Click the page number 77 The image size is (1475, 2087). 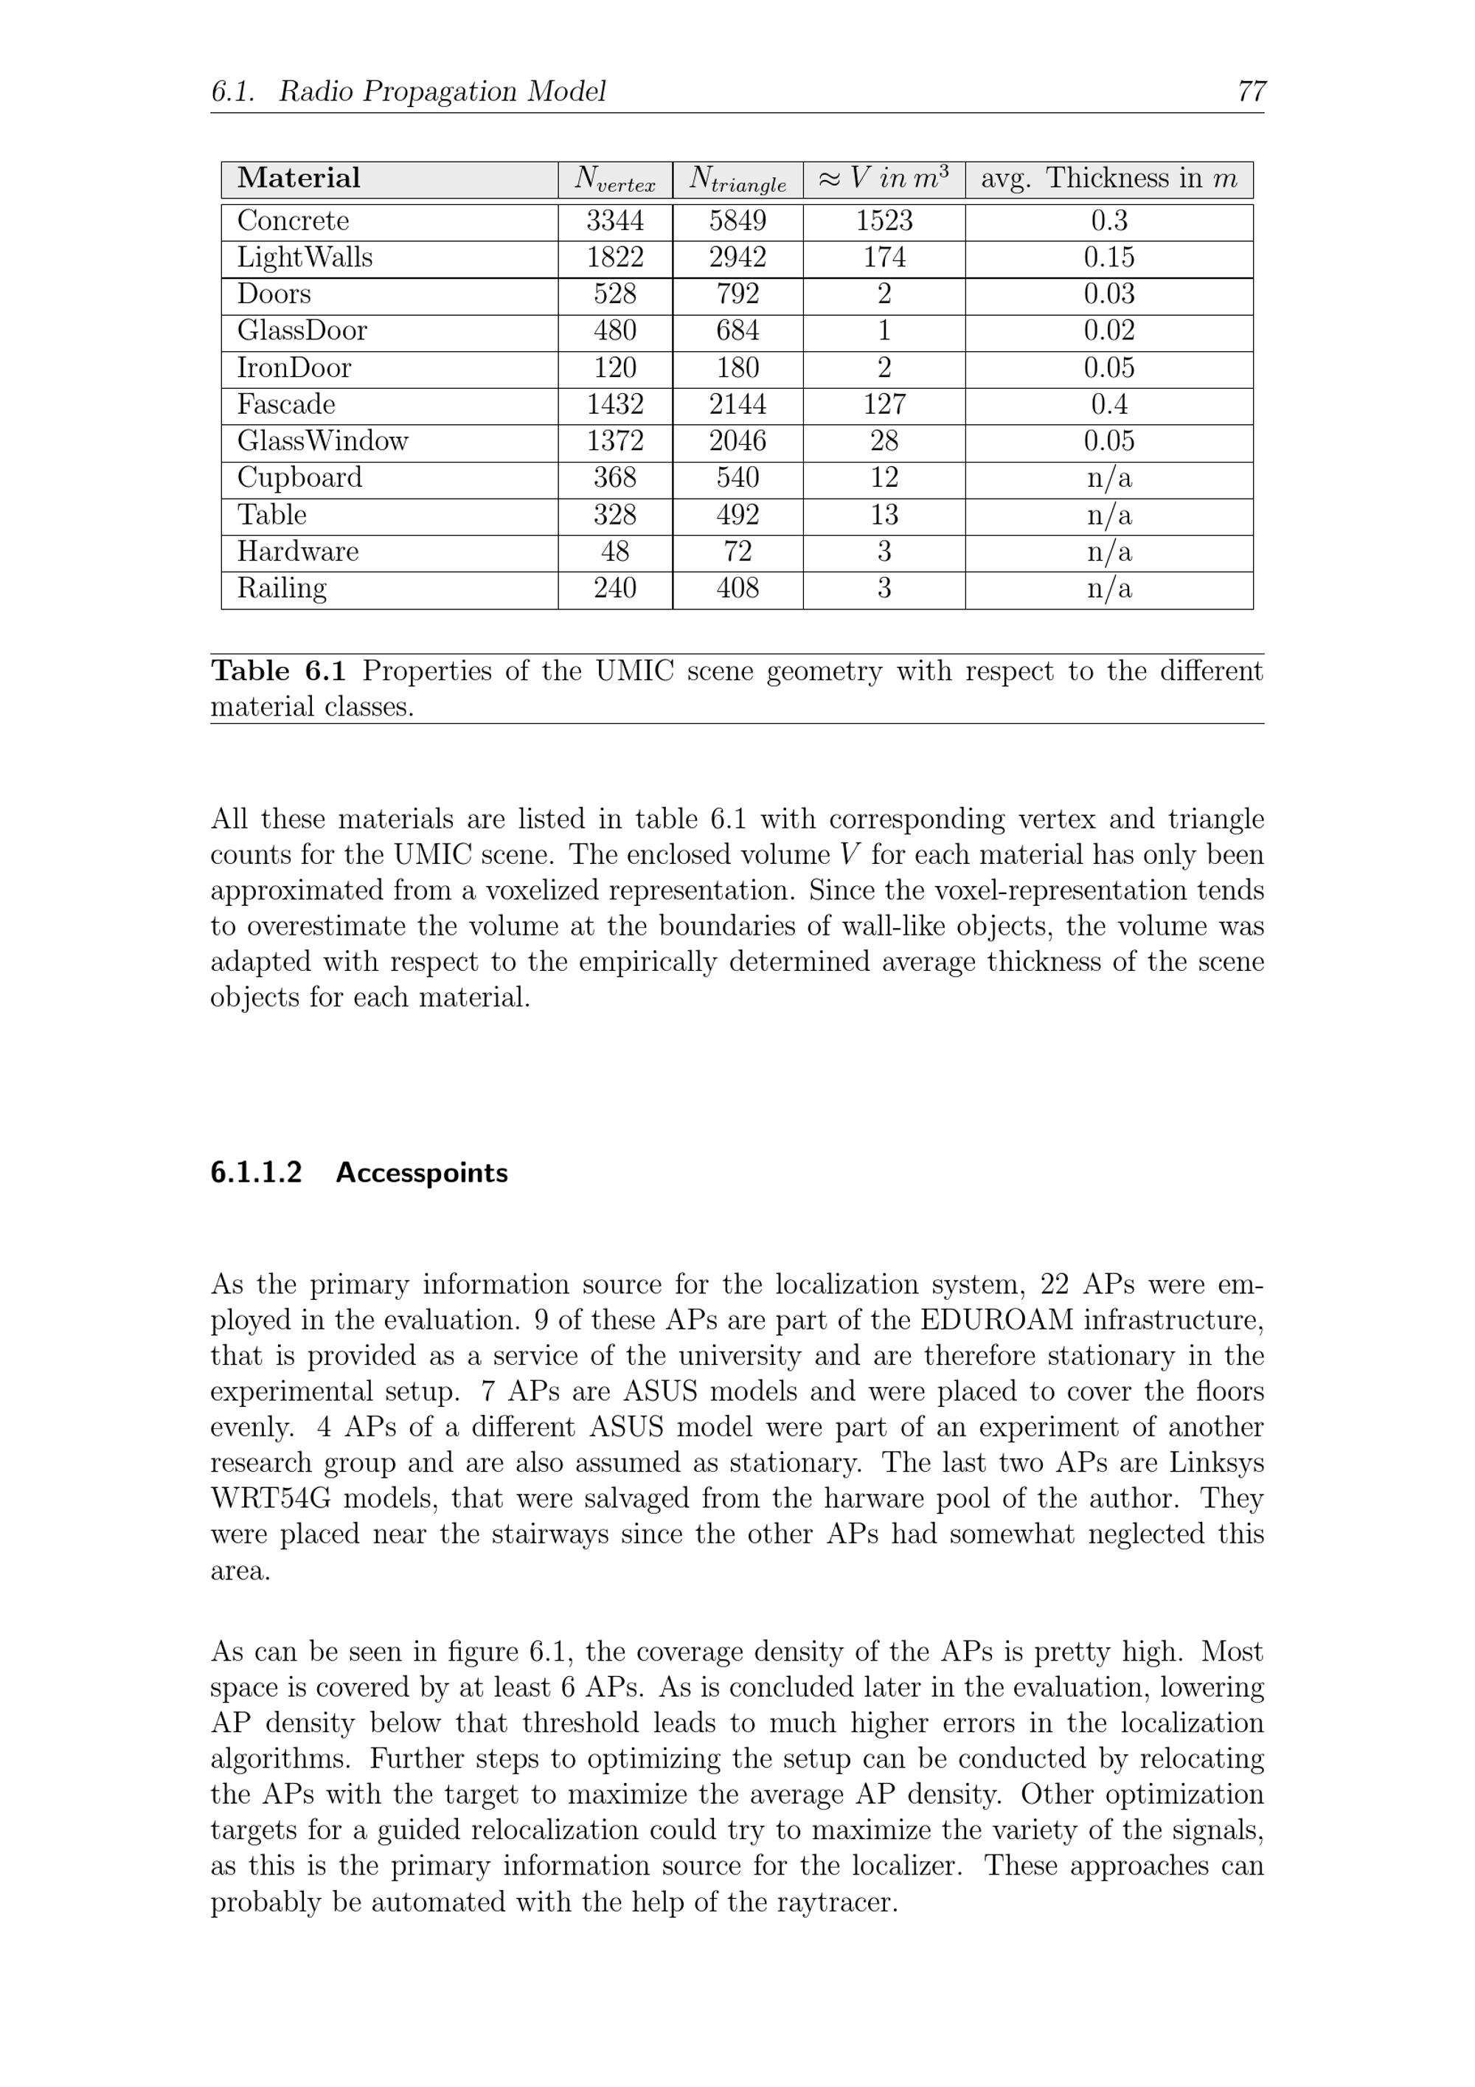(1251, 91)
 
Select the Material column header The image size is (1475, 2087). (298, 179)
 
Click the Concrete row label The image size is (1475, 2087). (293, 221)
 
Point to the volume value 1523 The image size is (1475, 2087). (884, 221)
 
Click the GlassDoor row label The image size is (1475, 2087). (302, 330)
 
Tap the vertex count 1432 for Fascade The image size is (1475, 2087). (614, 404)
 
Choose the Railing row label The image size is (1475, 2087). (282, 588)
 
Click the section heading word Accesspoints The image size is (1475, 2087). (422, 1174)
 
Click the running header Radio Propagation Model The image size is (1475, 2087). (442, 91)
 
